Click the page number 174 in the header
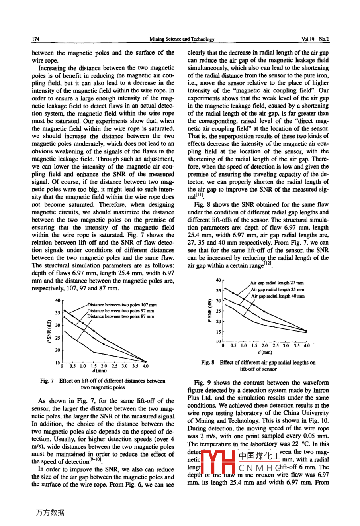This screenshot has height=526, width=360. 35,39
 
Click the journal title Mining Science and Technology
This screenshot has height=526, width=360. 182,39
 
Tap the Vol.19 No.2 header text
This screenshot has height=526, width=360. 315,39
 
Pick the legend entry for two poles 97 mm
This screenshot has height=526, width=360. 121,311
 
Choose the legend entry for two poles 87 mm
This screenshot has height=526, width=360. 121,316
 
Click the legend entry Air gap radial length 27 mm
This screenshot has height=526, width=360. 277,283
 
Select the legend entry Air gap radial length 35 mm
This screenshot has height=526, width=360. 277,290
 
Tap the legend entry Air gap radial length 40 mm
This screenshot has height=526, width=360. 278,296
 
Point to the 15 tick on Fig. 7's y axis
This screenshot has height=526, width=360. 58,362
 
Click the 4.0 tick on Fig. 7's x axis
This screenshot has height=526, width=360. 145,366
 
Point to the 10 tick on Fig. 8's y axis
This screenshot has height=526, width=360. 218,342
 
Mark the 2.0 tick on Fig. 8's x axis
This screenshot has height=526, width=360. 264,346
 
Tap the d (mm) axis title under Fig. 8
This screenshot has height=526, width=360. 265,352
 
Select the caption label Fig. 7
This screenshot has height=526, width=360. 47,381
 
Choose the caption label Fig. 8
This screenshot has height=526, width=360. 207,363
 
